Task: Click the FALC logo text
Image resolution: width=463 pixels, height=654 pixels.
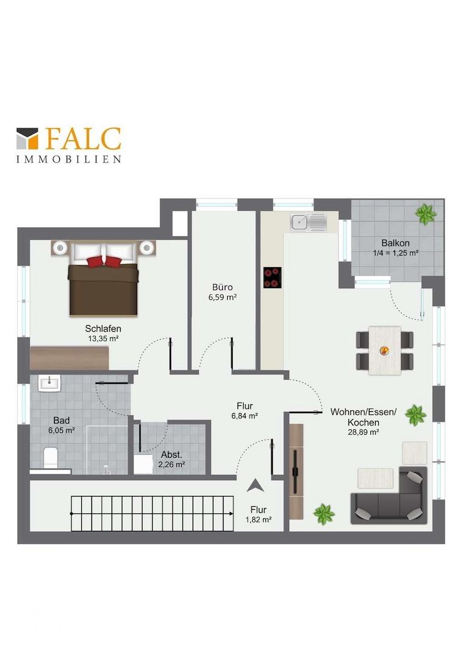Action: coord(84,139)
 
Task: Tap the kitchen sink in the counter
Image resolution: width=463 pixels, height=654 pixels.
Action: coord(309,222)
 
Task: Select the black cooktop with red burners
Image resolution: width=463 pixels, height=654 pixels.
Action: coord(272,277)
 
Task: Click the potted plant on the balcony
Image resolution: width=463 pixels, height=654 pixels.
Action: coord(426,214)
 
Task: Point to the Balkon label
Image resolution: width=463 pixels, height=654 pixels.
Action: coord(395,243)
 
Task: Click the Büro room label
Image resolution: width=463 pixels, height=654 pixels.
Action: coord(222,287)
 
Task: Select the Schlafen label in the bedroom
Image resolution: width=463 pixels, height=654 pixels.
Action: coord(103,329)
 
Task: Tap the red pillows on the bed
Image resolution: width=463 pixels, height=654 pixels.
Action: coord(104,262)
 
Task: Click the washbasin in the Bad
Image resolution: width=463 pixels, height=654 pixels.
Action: coord(50,383)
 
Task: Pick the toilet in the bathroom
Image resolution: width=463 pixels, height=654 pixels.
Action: coord(50,458)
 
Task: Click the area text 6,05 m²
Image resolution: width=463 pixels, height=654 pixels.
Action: coord(61,431)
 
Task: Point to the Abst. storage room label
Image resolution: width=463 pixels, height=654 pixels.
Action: coord(172,455)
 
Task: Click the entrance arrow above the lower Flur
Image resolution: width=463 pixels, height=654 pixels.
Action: coord(255,486)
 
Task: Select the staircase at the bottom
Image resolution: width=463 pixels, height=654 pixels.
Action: coord(152,514)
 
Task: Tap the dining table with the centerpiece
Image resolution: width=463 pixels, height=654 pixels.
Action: coord(385,351)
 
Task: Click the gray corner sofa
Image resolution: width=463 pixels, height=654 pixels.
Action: coord(390,497)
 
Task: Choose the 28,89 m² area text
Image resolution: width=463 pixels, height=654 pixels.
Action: coord(364,432)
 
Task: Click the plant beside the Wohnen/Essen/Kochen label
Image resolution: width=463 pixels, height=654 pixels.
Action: coord(415,415)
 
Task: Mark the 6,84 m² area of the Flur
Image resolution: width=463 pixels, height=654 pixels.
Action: coord(245,416)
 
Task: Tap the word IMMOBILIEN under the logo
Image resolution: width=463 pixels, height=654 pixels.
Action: coord(69,159)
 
